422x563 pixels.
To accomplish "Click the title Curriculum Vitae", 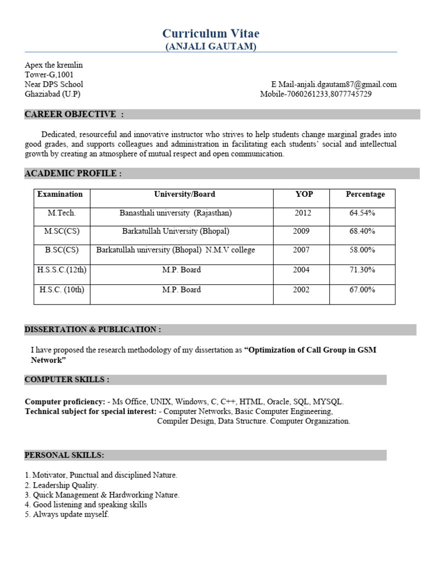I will click(x=211, y=34).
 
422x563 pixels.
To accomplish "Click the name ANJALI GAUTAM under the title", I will click(x=211, y=47).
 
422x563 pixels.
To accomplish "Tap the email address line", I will click(x=334, y=84).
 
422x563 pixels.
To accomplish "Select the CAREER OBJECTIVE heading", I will click(x=74, y=114).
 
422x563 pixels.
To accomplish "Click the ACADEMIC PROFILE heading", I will click(x=73, y=174).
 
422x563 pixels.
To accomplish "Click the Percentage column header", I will click(x=365, y=194).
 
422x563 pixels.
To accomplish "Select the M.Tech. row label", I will click(x=62, y=213).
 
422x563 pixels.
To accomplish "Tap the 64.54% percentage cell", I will click(x=362, y=213).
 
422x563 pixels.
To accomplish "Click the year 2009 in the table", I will click(x=301, y=231).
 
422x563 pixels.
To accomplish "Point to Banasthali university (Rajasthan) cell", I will click(x=176, y=213).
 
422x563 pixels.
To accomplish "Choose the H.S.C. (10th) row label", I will click(x=62, y=290).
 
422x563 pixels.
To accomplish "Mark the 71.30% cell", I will click(x=362, y=270).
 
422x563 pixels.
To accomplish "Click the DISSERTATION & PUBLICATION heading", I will click(x=93, y=329).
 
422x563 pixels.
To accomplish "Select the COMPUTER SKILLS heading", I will click(x=67, y=380).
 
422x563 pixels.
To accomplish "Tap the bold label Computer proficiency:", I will click(x=65, y=402).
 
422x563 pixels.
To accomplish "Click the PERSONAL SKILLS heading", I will click(x=64, y=455).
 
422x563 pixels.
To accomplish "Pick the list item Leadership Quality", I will click(x=65, y=485).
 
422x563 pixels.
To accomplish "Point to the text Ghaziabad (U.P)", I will click(x=52, y=94).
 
